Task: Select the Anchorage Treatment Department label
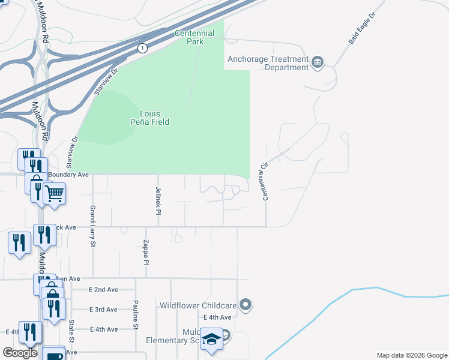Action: (x=268, y=63)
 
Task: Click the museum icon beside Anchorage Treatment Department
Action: (x=318, y=61)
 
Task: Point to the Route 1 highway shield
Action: (x=142, y=48)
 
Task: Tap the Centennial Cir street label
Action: (x=262, y=181)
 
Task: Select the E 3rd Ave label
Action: (x=103, y=310)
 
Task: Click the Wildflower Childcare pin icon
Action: (x=245, y=305)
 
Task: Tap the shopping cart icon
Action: (x=54, y=193)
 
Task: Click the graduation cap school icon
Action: (x=211, y=339)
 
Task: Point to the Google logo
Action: (x=20, y=353)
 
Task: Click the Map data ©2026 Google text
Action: (x=411, y=355)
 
